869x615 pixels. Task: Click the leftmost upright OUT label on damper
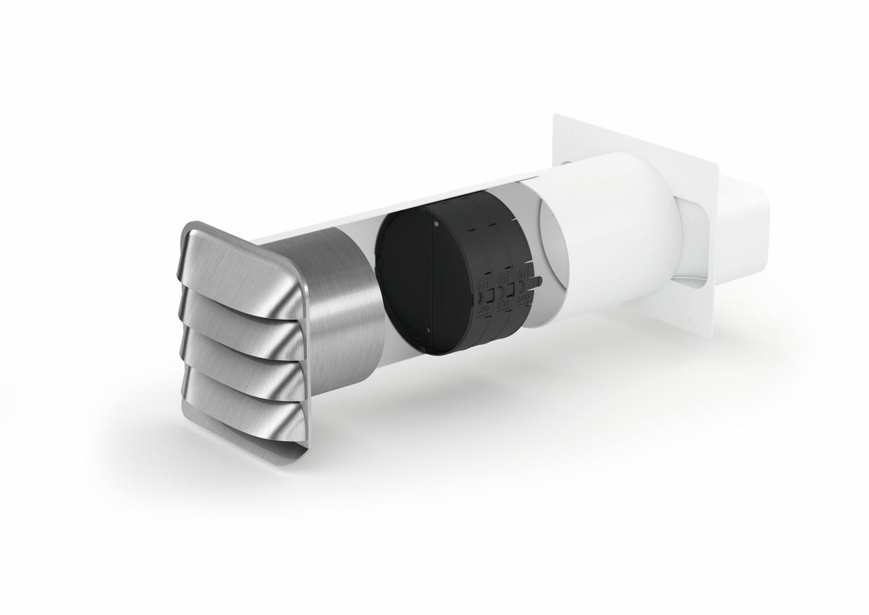point(481,283)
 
